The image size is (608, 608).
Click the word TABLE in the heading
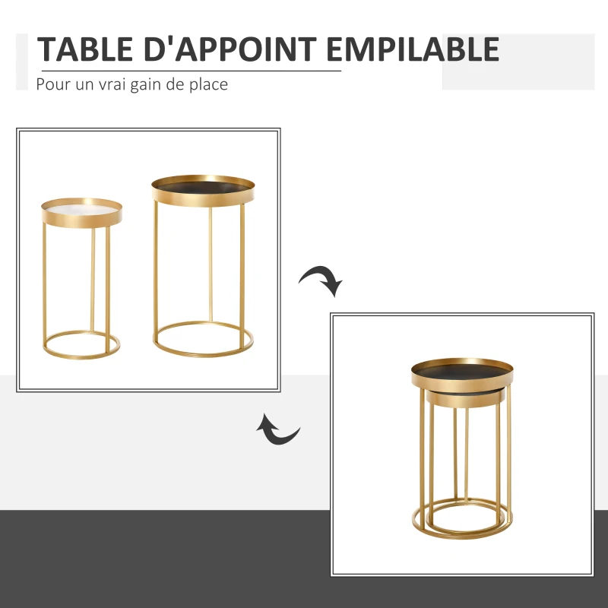coord(85,49)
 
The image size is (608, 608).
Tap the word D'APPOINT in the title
coord(230,49)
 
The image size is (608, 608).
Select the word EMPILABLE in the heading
coord(413,49)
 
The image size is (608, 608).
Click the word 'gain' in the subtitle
coord(146,85)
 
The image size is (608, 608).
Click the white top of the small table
coord(81,210)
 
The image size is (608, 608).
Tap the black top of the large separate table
coord(203,187)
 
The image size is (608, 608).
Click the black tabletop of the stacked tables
coord(462,371)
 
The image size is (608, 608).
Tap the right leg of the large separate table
coord(242,275)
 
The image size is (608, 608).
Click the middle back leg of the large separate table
coord(211,264)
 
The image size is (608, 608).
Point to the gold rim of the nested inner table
coord(465,401)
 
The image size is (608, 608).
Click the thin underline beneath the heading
coord(192,71)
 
